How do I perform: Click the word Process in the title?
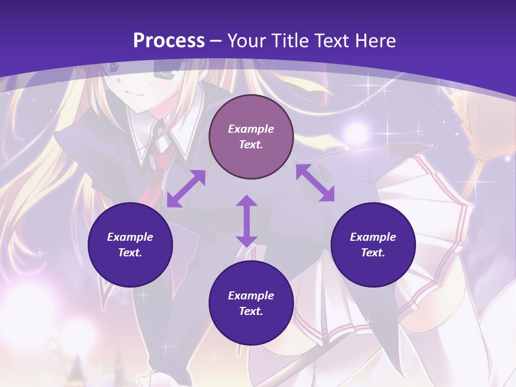pos(169,41)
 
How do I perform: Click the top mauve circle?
pos(251,137)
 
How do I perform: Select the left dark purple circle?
pos(130,245)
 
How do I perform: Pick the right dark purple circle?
pos(373,245)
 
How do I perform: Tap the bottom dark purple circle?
pos(251,303)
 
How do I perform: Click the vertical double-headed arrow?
pos(247,221)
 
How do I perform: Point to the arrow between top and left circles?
pos(186,189)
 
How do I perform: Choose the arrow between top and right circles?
pos(315,183)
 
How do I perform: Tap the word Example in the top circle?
pos(251,129)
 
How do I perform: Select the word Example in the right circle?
pos(373,237)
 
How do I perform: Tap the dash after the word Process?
pos(216,41)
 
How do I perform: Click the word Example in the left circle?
pos(130,237)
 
